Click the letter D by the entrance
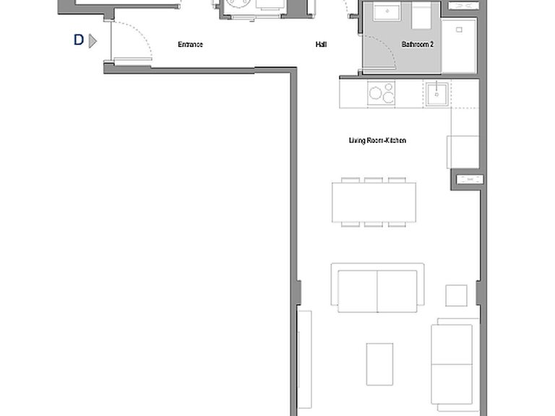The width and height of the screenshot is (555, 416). pyautogui.click(x=79, y=40)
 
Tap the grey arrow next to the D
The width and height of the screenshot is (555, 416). pyautogui.click(x=92, y=40)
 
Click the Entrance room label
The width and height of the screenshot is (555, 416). pyautogui.click(x=190, y=44)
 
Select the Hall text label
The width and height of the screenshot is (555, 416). pyautogui.click(x=321, y=44)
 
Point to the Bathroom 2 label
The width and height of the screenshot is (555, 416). pyautogui.click(x=417, y=44)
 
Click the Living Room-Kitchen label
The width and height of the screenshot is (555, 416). pyautogui.click(x=377, y=140)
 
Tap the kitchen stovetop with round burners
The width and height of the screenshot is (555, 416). pyautogui.click(x=382, y=93)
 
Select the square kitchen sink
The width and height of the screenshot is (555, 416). pyautogui.click(x=436, y=94)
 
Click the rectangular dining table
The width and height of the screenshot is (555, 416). pyautogui.click(x=374, y=202)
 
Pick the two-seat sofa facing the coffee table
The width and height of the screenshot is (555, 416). pyautogui.click(x=378, y=288)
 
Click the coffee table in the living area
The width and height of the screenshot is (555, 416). pyautogui.click(x=379, y=364)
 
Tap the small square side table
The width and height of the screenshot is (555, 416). pyautogui.click(x=456, y=295)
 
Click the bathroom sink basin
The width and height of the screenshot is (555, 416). pyautogui.click(x=387, y=12)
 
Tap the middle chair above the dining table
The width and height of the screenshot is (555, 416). pyautogui.click(x=374, y=180)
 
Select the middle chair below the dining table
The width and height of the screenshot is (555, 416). pyautogui.click(x=374, y=225)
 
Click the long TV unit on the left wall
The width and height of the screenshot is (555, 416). pyautogui.click(x=305, y=359)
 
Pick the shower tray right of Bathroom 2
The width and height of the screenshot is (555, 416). pyautogui.click(x=459, y=45)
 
